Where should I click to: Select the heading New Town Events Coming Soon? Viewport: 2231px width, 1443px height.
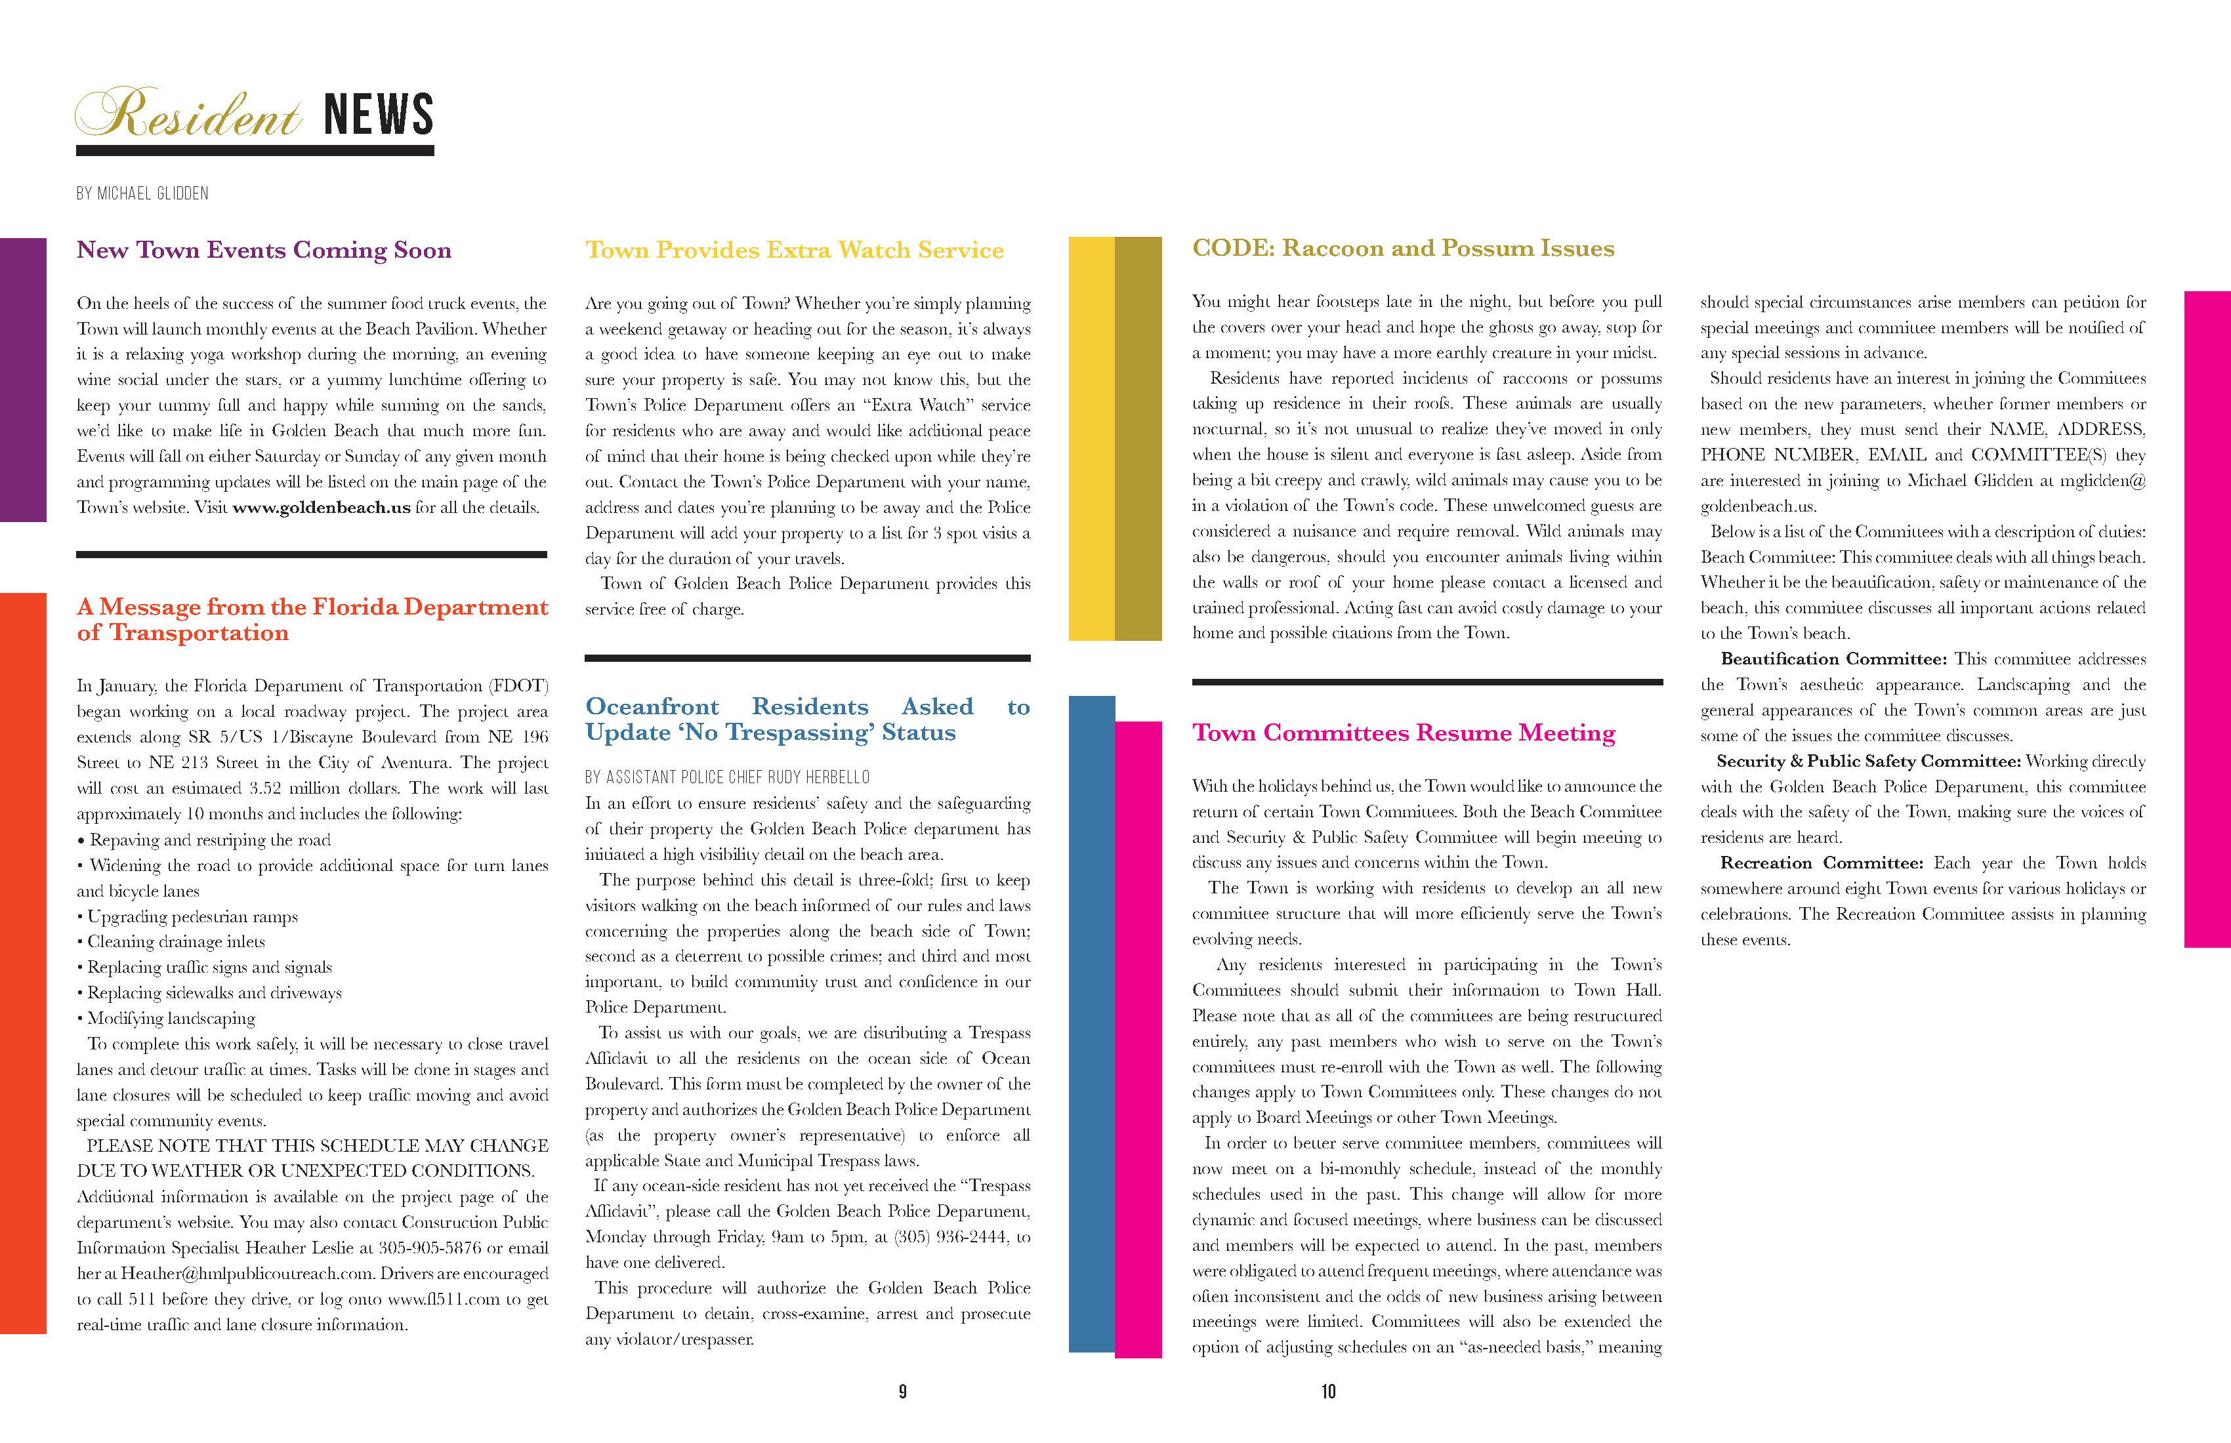pos(263,250)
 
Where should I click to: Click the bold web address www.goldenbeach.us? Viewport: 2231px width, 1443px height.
pos(322,508)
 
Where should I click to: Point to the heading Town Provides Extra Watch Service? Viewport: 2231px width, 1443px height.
pos(794,250)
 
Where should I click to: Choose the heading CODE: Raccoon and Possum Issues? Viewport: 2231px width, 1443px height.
pos(1402,249)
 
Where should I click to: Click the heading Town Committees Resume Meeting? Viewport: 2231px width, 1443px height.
pos(1404,733)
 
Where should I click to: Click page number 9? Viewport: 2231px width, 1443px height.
pos(903,1391)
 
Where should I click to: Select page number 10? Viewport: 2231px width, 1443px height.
pos(1328,1391)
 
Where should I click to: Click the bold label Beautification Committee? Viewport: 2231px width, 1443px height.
pos(1833,659)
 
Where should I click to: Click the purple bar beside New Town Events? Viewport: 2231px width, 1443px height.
pos(22,380)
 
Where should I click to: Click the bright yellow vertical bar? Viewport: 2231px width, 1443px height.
pos(1091,439)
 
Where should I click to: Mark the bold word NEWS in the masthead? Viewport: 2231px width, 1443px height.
pos(379,116)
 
